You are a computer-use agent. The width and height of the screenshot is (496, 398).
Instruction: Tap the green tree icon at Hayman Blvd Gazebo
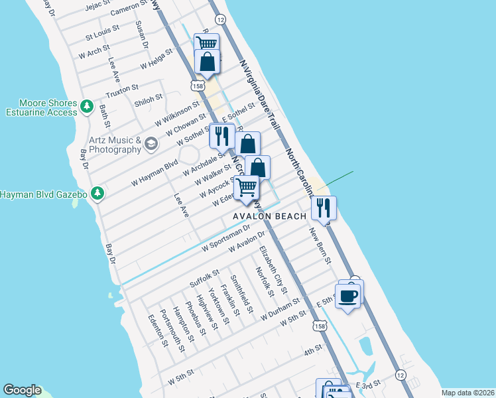point(98,193)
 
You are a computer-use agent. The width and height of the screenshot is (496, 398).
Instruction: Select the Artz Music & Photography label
point(115,145)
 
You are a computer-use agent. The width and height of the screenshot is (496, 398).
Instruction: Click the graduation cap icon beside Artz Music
point(152,143)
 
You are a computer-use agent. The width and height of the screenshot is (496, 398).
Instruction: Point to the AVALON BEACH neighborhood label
point(269,216)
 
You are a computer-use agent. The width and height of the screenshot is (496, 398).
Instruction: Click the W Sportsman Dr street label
point(225,237)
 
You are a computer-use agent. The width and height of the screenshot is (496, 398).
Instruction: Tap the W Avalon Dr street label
point(246,242)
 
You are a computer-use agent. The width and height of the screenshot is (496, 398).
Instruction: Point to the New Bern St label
point(320,245)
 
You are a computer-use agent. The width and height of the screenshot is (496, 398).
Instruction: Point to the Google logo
point(21,390)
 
